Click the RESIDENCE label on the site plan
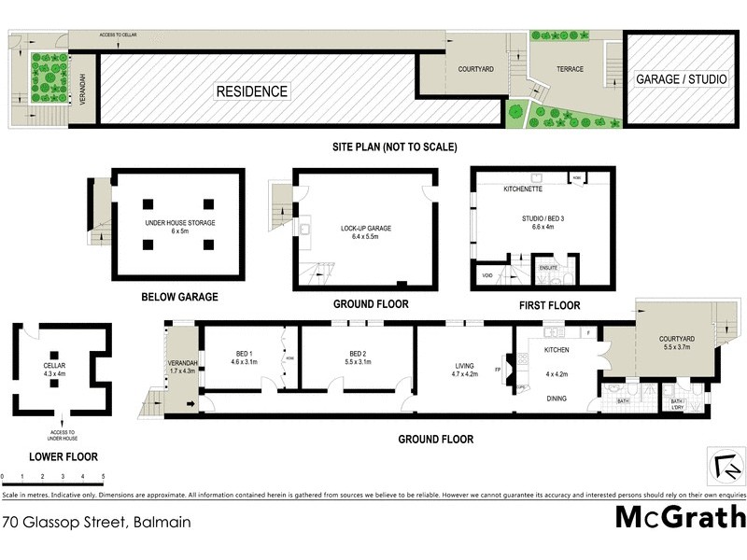coord(252,91)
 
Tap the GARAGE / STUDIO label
coord(681,79)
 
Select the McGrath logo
coord(680,517)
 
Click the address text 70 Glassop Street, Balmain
coord(96,522)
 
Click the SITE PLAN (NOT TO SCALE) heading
coord(395,147)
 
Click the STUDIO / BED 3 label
coord(543,220)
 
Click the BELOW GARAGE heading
coord(179,297)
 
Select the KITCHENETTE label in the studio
coord(523,189)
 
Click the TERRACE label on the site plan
coord(571,69)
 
